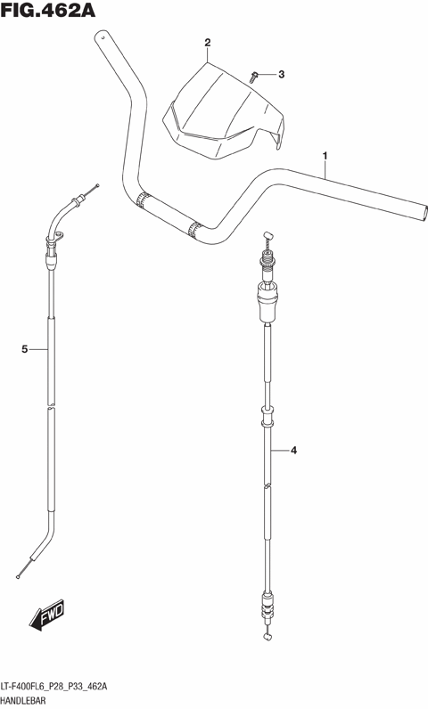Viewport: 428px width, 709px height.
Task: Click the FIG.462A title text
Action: (x=48, y=11)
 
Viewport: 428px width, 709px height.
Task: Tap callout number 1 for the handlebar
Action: (x=325, y=156)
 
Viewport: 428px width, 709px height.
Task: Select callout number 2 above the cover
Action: (x=208, y=43)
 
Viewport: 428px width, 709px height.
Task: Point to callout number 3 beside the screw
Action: (x=282, y=74)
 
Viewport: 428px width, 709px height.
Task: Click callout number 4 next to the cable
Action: (x=293, y=451)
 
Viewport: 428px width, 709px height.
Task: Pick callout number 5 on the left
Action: (x=25, y=349)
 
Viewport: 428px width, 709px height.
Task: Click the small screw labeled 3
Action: (x=254, y=77)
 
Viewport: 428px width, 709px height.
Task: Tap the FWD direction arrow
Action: (x=47, y=615)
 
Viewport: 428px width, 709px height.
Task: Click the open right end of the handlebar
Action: (x=424, y=212)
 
